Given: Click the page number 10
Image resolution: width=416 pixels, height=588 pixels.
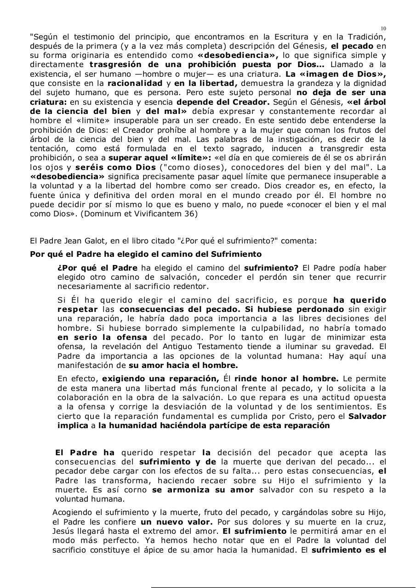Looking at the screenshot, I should [383, 28].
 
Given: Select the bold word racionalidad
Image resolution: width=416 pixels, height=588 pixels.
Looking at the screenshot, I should [135, 83].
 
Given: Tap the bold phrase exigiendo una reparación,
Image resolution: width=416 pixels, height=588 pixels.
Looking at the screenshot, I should [160, 379].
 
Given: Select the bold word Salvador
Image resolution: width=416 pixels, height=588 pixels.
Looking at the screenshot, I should [367, 416].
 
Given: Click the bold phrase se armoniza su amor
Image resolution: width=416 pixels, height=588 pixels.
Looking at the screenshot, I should [203, 490].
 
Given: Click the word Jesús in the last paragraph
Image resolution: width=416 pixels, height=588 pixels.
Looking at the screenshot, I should [63, 531].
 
